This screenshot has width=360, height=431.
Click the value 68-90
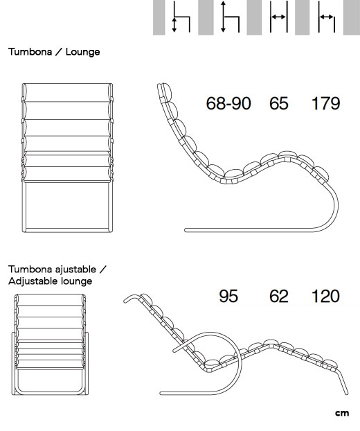click(x=228, y=104)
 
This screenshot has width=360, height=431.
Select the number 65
click(x=279, y=104)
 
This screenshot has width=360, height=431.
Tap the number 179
click(x=325, y=104)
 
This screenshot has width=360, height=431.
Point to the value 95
click(x=228, y=297)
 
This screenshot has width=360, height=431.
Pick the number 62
click(x=279, y=297)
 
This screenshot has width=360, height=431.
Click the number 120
click(x=325, y=297)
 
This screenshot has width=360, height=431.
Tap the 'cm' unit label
click(x=342, y=413)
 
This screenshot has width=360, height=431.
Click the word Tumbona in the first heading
click(x=30, y=52)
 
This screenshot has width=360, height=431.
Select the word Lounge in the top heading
click(x=82, y=52)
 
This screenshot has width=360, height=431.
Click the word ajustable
click(x=75, y=270)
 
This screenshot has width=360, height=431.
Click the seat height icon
click(x=181, y=17)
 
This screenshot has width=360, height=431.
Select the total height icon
click(x=230, y=17)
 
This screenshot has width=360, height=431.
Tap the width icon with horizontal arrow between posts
click(x=279, y=17)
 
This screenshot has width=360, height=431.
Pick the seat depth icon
click(x=327, y=17)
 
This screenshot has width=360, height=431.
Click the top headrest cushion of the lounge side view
click(x=166, y=91)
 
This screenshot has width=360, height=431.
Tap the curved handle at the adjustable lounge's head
click(x=132, y=298)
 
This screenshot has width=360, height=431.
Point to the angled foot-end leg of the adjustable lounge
click(x=343, y=382)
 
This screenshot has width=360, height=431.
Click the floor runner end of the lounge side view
click(x=186, y=230)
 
